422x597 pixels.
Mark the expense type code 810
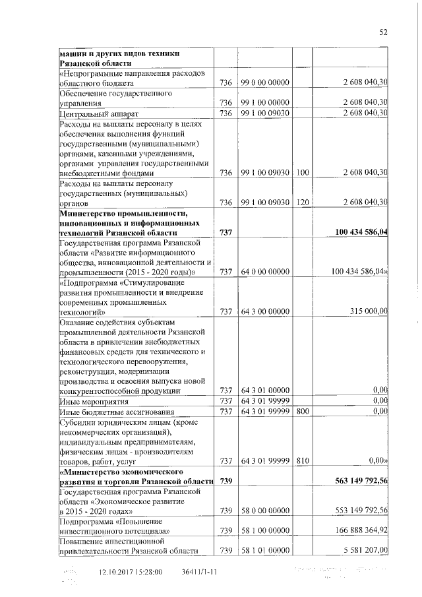point(303,460)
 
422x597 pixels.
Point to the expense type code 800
point(303,412)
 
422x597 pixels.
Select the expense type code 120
point(303,203)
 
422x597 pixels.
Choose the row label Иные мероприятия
point(90,401)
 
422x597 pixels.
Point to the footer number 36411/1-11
point(199,573)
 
